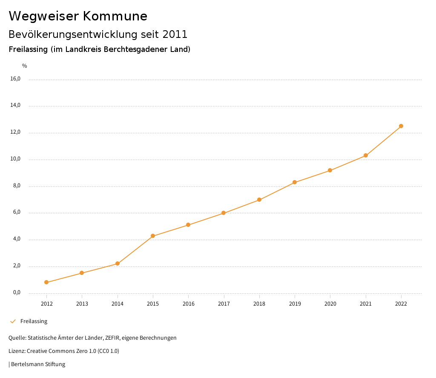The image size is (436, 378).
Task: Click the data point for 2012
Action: pyautogui.click(x=46, y=282)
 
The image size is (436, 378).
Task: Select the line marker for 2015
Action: pyautogui.click(x=153, y=236)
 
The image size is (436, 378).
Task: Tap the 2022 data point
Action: pyautogui.click(x=401, y=126)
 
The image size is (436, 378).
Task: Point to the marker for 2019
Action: pyautogui.click(x=295, y=182)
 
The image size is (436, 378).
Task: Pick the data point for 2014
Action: pyautogui.click(x=118, y=263)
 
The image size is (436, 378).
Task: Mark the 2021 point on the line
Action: pyautogui.click(x=366, y=155)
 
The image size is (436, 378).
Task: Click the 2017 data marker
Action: pyautogui.click(x=224, y=213)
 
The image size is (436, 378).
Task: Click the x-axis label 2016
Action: pyautogui.click(x=189, y=304)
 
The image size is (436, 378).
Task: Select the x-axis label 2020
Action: pyautogui.click(x=330, y=304)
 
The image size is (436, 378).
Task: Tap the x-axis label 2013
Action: pyautogui.click(x=82, y=304)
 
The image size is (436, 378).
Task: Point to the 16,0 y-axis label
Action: pyautogui.click(x=15, y=79)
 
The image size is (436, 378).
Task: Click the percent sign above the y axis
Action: pyautogui.click(x=25, y=66)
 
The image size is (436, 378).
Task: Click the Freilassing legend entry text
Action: pyautogui.click(x=34, y=321)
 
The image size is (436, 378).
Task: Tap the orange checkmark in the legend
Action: pyautogui.click(x=13, y=321)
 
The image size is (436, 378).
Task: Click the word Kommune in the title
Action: pyautogui.click(x=115, y=16)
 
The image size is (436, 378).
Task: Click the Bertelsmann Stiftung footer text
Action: pyautogui.click(x=38, y=364)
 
